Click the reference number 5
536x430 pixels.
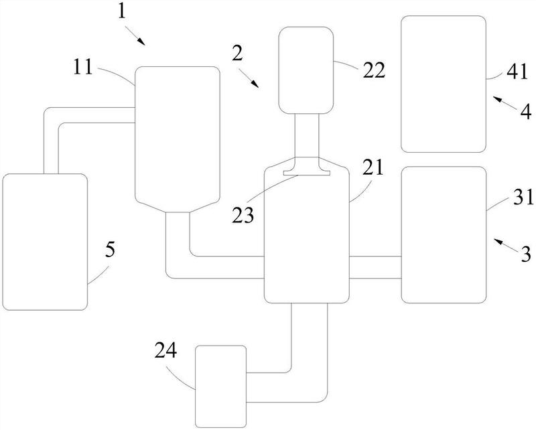point(110,250)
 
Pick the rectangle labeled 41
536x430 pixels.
point(443,84)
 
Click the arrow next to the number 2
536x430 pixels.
point(253,81)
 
